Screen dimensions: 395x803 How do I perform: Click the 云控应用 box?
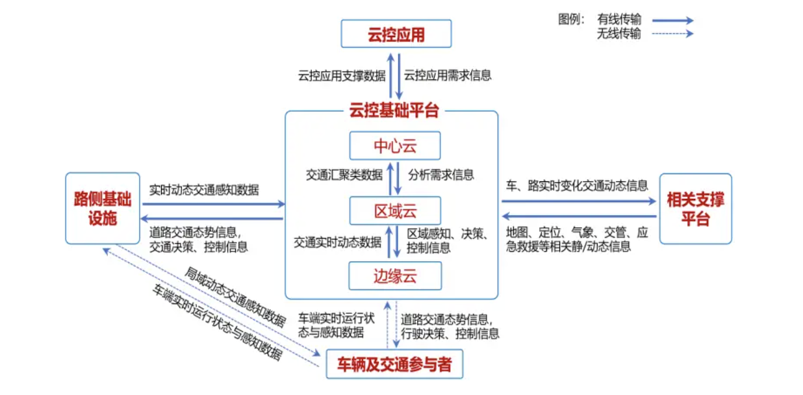(396, 34)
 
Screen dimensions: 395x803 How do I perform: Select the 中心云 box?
(395, 146)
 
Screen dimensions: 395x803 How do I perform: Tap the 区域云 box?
(395, 211)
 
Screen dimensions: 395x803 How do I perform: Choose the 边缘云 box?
(395, 275)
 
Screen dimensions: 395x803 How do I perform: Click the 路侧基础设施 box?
(103, 208)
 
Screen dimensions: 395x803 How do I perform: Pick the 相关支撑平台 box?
(695, 209)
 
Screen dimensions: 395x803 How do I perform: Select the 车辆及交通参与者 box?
(394, 365)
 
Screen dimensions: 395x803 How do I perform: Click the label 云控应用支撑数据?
(341, 75)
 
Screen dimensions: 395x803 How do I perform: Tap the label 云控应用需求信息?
(448, 75)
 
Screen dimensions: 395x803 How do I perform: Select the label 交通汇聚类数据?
(344, 175)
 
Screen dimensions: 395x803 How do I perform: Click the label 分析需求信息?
(441, 175)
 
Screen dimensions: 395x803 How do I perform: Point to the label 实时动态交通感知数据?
(204, 190)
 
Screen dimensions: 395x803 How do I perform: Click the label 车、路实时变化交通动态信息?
(577, 186)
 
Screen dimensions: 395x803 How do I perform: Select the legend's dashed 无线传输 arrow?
(672, 34)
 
